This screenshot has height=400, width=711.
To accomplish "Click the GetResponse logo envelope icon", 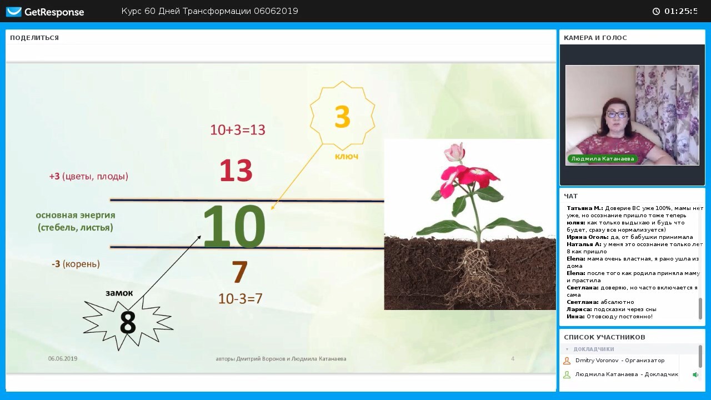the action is point(14,12).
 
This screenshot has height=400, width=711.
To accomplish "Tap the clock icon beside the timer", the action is point(656,12).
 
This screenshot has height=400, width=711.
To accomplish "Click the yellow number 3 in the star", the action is point(342,117).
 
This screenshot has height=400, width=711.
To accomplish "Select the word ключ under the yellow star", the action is point(347,157).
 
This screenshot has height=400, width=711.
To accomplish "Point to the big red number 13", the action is point(236,171).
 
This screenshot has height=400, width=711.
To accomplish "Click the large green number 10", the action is point(234,226).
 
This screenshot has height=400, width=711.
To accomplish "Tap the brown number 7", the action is point(239,272).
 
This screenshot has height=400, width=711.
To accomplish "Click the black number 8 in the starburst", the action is point(128,322).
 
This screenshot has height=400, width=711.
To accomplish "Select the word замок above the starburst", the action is point(119,293).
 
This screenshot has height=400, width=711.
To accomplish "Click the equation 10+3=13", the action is point(238,130).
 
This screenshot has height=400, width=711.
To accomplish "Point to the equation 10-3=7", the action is point(241,298).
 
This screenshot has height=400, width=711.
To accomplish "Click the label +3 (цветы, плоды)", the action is point(88,177).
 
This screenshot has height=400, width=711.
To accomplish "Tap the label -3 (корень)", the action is point(76,264).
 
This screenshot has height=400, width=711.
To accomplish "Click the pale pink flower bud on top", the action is point(454,152).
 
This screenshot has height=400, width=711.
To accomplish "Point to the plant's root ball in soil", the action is point(476,273).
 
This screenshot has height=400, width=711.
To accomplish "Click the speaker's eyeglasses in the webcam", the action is point(617,114).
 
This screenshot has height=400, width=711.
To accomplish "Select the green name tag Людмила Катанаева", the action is point(603,159).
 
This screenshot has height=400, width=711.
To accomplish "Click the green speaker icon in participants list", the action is point(695,374).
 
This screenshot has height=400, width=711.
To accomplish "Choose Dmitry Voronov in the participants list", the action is point(597,361).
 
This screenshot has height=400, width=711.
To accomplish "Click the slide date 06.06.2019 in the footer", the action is point(63,359).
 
